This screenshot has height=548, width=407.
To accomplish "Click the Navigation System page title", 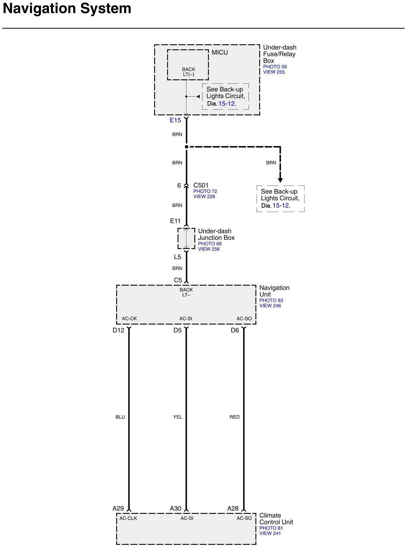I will (x=67, y=9).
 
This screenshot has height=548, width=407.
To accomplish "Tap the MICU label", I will (x=220, y=52).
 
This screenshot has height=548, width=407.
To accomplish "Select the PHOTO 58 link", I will (x=275, y=67).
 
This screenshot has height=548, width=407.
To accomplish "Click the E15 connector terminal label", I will (x=175, y=120).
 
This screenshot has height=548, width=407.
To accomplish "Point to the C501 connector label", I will (x=201, y=185).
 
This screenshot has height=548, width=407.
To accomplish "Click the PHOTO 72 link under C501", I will (x=205, y=191).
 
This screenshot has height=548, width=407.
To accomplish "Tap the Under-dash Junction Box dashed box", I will (x=186, y=238).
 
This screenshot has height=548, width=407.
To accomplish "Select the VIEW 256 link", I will (x=209, y=249).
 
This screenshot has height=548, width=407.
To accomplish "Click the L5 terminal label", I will (x=178, y=257).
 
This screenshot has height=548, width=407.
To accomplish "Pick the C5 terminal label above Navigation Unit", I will (x=178, y=280).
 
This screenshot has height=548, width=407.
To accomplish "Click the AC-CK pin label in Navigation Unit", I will (x=129, y=319).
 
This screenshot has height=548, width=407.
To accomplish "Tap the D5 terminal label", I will (x=178, y=330).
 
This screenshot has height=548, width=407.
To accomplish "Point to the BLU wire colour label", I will (x=120, y=417).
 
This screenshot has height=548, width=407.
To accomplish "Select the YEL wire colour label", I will (x=178, y=417).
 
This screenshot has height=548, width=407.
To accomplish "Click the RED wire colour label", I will (x=235, y=417).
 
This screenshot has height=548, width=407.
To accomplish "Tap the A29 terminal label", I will (x=118, y=508).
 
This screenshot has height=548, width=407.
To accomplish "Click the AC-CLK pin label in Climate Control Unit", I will (x=128, y=518).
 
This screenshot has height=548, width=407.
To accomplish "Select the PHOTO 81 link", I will (x=271, y=528).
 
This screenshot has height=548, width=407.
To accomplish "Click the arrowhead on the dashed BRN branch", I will (x=280, y=180).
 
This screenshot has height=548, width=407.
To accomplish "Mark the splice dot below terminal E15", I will (x=186, y=147).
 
